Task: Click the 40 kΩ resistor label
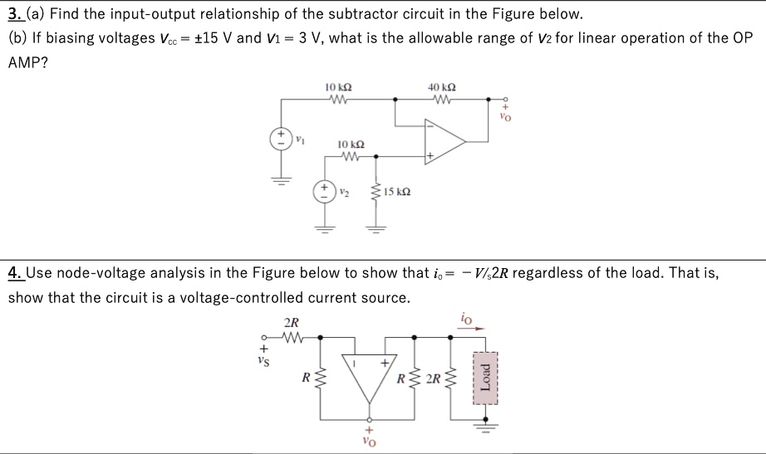[440, 86]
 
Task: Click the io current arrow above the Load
[476, 327]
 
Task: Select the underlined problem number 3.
[14, 15]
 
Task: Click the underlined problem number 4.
[14, 272]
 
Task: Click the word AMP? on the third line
[27, 62]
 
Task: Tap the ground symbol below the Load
[484, 427]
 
